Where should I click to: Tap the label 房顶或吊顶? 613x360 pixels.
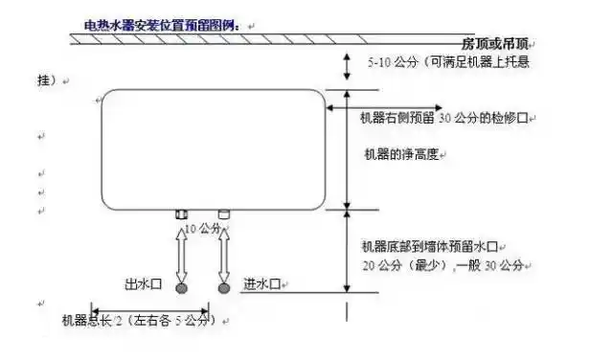[x=493, y=44]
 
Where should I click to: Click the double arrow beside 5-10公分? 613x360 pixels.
[x=346, y=65]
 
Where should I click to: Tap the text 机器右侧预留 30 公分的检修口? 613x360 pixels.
[x=443, y=118]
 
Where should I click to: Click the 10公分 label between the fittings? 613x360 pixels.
[x=203, y=229]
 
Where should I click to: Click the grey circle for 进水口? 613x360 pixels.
[x=225, y=286]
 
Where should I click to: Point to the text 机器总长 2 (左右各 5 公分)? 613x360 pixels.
[x=134, y=320]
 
